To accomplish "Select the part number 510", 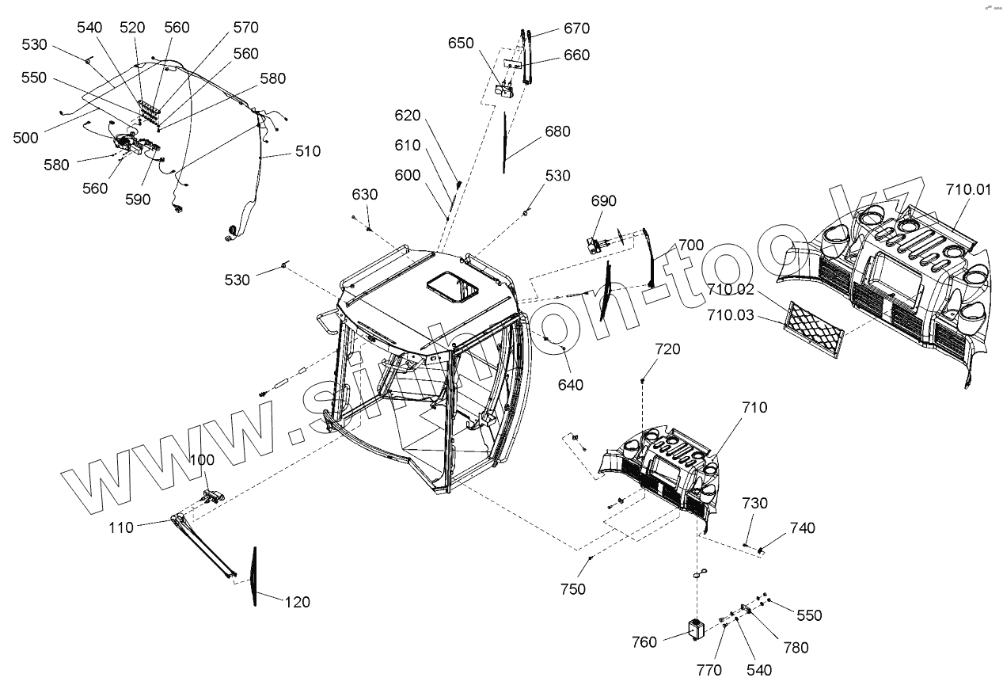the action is (308, 150).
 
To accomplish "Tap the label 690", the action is (603, 201).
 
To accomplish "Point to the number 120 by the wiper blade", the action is (298, 602).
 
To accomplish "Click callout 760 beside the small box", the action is (644, 641).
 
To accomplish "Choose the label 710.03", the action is (731, 316).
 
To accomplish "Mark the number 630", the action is (365, 195).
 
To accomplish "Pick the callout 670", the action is (576, 29).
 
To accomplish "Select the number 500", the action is (25, 137).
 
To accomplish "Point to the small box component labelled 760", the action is (696, 630).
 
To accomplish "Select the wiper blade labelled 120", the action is (254, 576).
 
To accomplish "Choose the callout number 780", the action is (796, 647).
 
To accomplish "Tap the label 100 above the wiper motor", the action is (200, 460).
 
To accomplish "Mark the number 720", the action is (667, 349).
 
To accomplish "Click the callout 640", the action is (570, 385).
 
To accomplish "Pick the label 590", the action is (137, 200).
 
